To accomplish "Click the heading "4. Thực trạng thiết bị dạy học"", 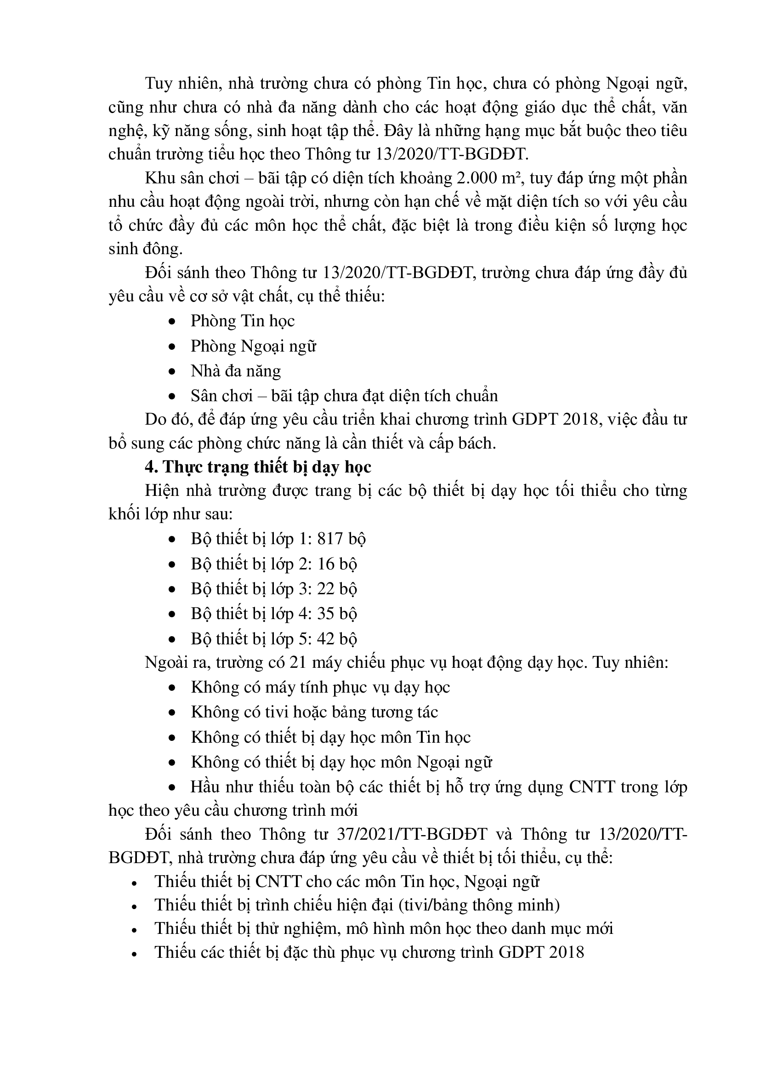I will [258, 467].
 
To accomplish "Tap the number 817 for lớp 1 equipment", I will [330, 539].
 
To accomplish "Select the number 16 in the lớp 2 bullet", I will [326, 564].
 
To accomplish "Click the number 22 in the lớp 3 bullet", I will [326, 589].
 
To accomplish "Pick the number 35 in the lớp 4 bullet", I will [326, 614].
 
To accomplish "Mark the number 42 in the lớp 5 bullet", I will [326, 639].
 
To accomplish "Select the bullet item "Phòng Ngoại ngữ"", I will [253, 347].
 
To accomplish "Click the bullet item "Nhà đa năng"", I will [235, 371].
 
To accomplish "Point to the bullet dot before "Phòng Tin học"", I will [172, 322].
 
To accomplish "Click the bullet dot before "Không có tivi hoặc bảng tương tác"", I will [172, 713].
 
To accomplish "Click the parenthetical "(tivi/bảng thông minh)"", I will [479, 904].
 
